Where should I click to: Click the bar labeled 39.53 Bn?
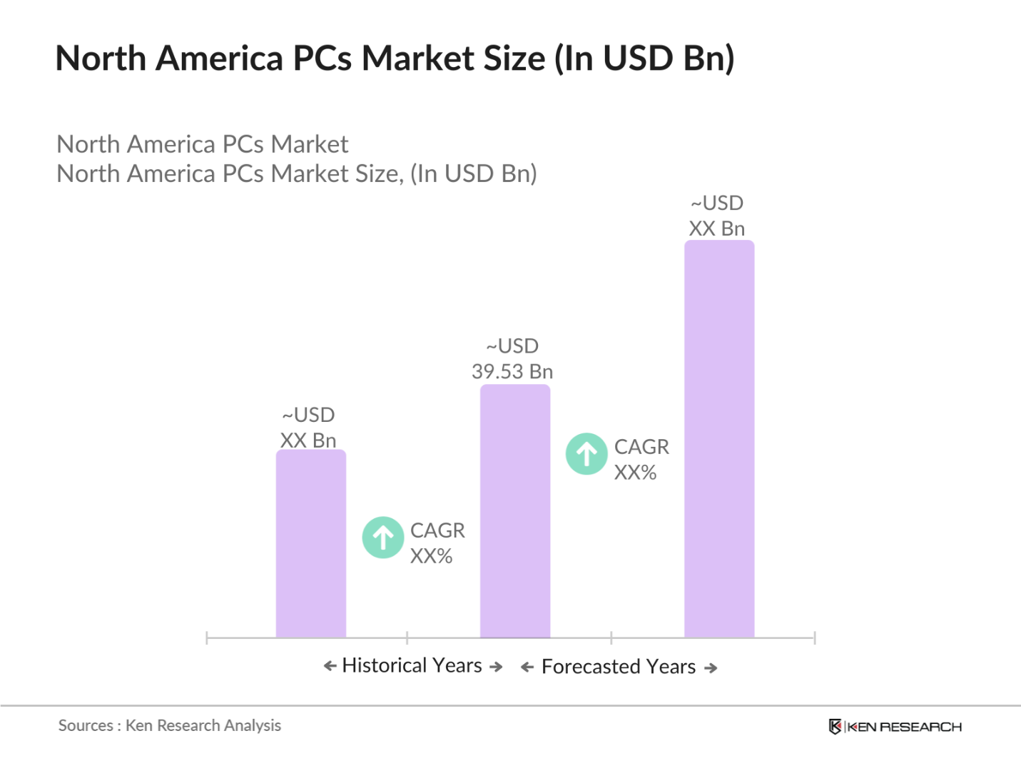(x=514, y=510)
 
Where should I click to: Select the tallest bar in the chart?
(x=718, y=438)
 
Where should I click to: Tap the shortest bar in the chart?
(x=310, y=543)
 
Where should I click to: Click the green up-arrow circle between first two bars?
(x=383, y=538)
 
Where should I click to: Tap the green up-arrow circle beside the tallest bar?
(x=586, y=454)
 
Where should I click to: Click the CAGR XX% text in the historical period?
(x=437, y=543)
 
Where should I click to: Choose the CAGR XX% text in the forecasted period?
(x=641, y=459)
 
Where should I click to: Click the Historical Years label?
(x=412, y=665)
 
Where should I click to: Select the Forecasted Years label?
(x=618, y=667)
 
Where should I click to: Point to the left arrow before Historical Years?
(x=330, y=666)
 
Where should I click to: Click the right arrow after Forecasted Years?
(x=711, y=668)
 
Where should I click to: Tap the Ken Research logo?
(x=895, y=727)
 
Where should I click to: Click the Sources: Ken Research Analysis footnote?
(x=170, y=725)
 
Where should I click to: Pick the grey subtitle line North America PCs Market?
(x=203, y=144)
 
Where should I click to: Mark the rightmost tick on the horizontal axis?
(x=814, y=638)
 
